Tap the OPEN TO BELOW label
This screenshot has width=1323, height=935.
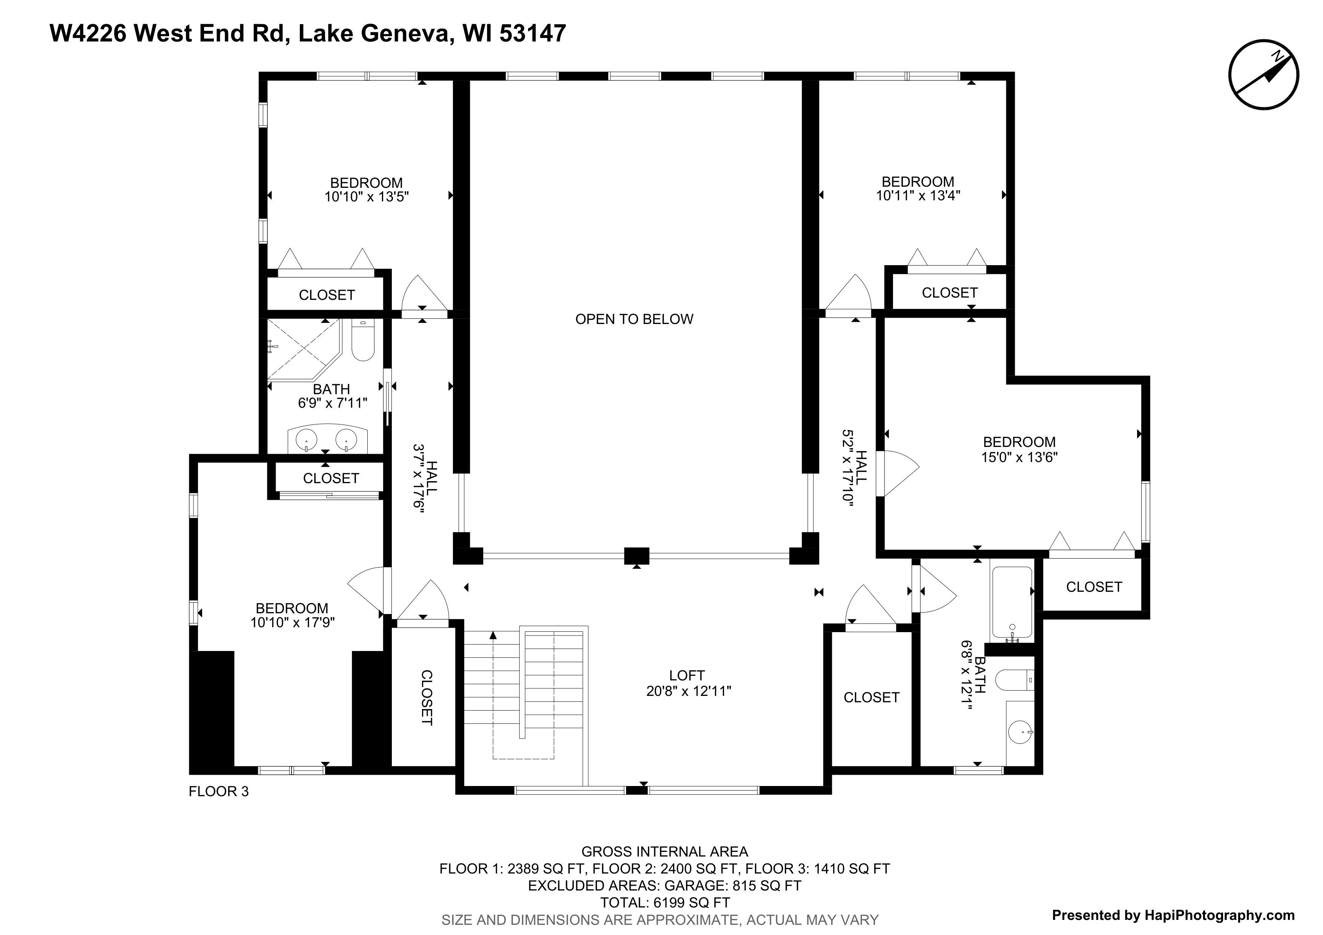(634, 319)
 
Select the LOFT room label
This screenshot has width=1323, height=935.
(687, 675)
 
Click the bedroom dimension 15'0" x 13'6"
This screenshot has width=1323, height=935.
(1019, 458)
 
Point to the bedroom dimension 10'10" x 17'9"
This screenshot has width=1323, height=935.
(292, 623)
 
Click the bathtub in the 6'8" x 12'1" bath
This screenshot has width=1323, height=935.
(1012, 604)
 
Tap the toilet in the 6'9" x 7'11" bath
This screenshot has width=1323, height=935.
(363, 341)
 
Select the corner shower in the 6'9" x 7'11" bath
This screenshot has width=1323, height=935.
(305, 349)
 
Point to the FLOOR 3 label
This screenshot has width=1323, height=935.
(219, 792)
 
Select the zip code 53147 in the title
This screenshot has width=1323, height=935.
(533, 34)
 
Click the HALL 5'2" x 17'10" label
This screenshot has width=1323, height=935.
(855, 468)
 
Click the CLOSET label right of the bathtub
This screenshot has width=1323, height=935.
(1094, 587)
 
